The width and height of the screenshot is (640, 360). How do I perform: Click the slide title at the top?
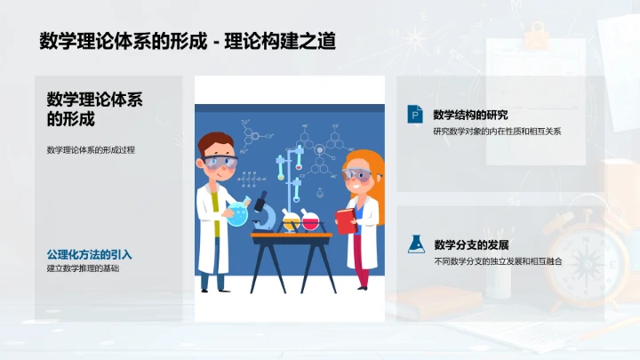coord(188,40)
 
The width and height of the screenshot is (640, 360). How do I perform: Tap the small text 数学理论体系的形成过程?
coord(91,149)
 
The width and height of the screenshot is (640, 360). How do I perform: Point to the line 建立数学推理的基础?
coord(83,268)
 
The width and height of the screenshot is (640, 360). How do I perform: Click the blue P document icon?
coord(414,115)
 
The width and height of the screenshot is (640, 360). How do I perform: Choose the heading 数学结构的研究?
coord(470,114)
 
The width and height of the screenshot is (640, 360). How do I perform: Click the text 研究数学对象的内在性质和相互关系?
coord(497,132)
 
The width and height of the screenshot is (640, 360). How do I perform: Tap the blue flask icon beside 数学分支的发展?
coord(414,244)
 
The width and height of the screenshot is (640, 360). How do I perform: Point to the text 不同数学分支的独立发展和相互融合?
coord(499,262)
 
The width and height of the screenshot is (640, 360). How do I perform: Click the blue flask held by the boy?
coord(236,213)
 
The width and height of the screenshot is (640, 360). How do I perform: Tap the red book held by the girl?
coord(344,220)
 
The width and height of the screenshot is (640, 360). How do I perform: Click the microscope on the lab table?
coord(263,212)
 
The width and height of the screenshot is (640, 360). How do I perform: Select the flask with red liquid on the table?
coord(310,219)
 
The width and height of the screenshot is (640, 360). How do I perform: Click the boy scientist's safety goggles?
coord(220,164)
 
